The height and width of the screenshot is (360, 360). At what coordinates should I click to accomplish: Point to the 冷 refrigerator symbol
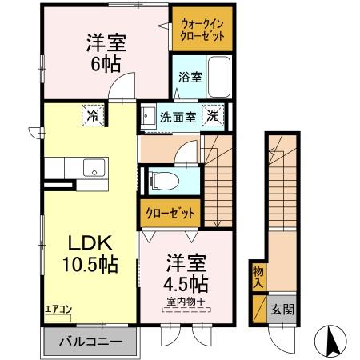92,115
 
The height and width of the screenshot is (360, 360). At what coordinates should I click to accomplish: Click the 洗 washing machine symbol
213,115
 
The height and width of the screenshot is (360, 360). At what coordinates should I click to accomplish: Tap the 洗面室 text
176,116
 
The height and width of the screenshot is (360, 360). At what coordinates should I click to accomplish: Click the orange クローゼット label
170,214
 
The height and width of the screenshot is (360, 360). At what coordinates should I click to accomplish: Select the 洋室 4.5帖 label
188,273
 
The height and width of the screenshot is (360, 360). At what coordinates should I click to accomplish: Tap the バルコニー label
93,342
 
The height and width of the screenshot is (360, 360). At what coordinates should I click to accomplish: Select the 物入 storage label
258,278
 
